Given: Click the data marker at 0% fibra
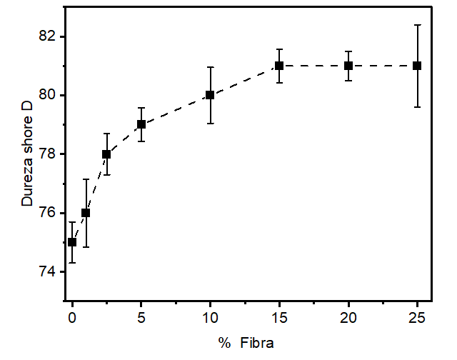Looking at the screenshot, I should click(x=72, y=242).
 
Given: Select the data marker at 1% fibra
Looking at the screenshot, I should click(x=86, y=213).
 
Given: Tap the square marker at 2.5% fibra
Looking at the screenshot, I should click(x=106, y=154).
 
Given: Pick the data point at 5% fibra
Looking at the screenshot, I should click(x=141, y=124).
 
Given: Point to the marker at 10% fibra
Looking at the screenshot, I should click(x=210, y=95).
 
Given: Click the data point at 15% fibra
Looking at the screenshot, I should click(x=279, y=66).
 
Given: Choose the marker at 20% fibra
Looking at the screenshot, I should click(x=348, y=66).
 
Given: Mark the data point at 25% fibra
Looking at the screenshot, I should click(x=417, y=66).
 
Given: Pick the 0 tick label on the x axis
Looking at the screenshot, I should click(x=72, y=316).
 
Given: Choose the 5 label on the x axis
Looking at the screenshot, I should click(x=141, y=316).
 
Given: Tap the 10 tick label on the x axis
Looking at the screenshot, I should click(x=210, y=316).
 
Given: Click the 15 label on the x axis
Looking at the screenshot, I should click(x=279, y=316).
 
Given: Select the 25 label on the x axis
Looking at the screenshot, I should click(x=417, y=316).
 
